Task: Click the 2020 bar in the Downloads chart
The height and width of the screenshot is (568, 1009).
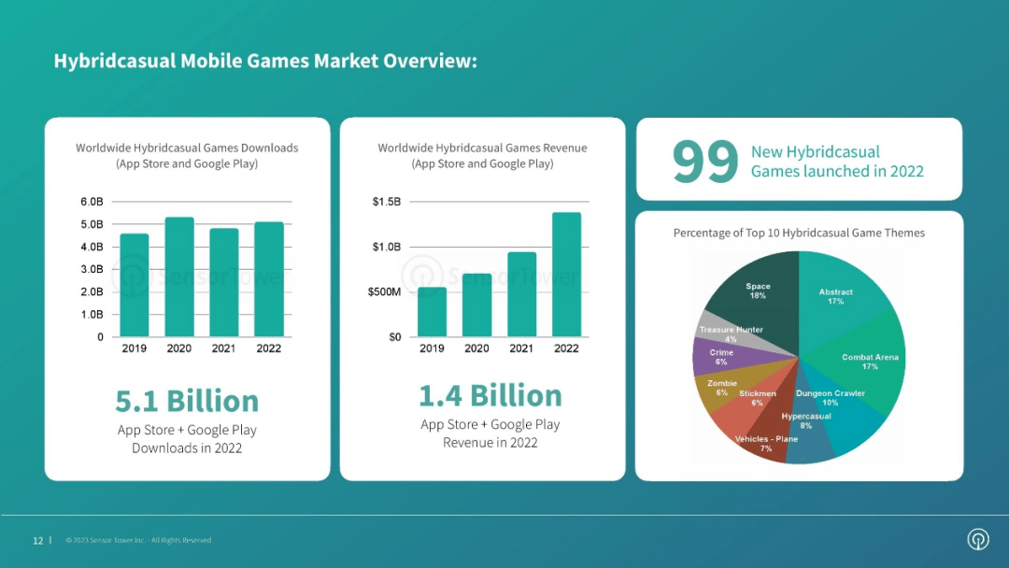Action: click(179, 277)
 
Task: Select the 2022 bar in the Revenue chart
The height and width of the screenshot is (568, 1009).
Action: click(566, 275)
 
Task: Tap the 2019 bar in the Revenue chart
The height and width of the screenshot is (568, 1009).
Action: click(432, 312)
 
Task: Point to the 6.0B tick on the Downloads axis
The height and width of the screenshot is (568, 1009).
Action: click(92, 202)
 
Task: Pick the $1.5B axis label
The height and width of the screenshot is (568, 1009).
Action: click(386, 202)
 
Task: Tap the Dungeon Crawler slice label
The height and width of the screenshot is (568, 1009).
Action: click(830, 398)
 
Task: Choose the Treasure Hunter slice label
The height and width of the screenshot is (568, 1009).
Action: click(731, 334)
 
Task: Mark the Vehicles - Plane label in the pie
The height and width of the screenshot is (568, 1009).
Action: click(766, 444)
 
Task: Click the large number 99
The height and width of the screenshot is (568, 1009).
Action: click(705, 161)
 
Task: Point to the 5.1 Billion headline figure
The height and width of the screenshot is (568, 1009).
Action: click(187, 401)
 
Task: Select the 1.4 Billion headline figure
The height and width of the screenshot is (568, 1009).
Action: click(490, 395)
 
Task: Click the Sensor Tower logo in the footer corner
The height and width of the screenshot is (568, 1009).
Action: click(978, 539)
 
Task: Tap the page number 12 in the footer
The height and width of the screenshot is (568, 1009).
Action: click(38, 540)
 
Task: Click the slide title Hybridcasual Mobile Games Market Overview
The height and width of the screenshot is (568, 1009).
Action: click(265, 62)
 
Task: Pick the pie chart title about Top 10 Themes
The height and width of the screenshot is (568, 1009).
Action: click(799, 233)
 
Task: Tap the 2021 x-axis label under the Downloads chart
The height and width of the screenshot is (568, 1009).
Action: click(224, 348)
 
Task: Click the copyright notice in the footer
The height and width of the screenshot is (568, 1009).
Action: click(138, 540)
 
